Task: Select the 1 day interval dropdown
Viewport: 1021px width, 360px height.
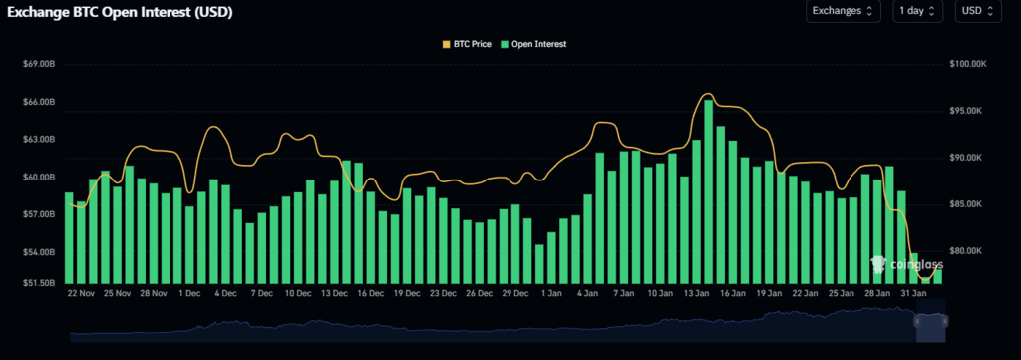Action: click(x=918, y=11)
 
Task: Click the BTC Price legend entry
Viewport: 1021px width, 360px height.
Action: click(x=469, y=44)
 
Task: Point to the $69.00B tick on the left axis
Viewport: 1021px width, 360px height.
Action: click(x=40, y=65)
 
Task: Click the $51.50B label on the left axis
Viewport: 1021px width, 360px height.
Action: click(x=40, y=283)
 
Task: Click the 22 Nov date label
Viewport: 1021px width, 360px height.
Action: click(x=81, y=294)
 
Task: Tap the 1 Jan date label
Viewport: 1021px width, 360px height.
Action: click(x=551, y=294)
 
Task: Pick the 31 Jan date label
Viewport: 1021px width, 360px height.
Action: click(x=913, y=294)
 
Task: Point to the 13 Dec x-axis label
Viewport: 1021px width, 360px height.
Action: click(x=334, y=294)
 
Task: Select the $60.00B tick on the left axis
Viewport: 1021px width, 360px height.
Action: click(x=40, y=177)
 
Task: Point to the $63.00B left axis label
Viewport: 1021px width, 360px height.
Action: click(x=40, y=140)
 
